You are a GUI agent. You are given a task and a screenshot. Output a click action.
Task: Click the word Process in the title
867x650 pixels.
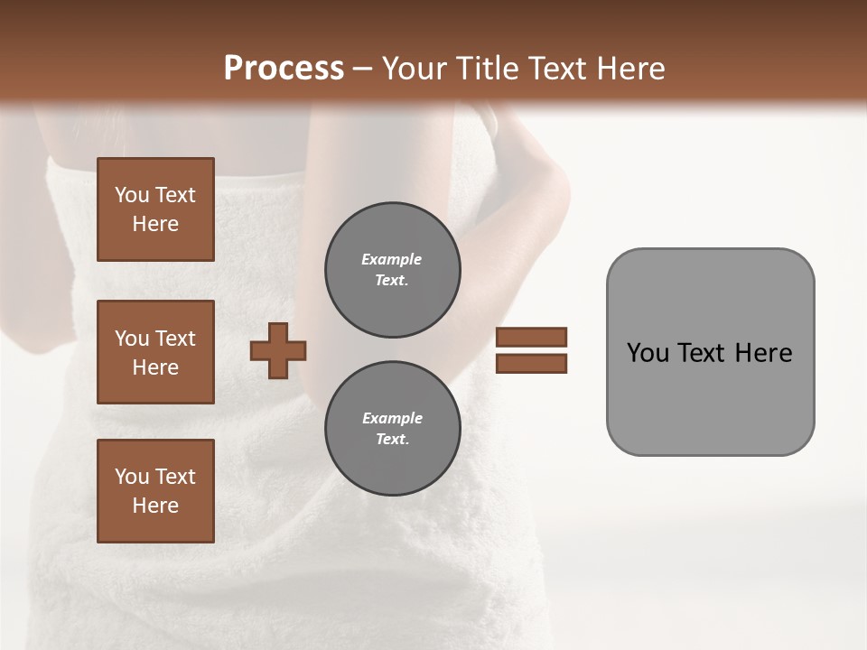coord(284,69)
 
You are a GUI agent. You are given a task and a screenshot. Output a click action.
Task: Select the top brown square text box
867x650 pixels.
coord(155,209)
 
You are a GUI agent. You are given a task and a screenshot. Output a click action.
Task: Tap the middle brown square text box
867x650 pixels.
coord(155,352)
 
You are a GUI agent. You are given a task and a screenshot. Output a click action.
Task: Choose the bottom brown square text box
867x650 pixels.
coord(155,490)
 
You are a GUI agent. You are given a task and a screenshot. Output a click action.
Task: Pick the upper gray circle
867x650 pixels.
coord(392,270)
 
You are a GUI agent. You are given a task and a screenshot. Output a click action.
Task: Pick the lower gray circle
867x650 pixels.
coord(392,429)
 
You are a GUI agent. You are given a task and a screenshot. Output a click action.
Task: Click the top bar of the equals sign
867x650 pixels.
coord(531,337)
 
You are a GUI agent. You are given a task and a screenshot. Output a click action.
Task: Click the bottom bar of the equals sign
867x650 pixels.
coord(531,363)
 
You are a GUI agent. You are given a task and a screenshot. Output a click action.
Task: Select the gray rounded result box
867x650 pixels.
coord(710,352)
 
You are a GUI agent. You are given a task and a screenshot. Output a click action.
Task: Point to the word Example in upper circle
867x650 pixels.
coord(392,259)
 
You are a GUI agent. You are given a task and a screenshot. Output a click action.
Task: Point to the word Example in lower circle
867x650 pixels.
coord(392,418)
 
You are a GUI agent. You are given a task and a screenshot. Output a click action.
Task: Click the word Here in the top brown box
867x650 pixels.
coord(155,224)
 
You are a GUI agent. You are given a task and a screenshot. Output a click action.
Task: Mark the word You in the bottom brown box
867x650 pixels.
coord(132,476)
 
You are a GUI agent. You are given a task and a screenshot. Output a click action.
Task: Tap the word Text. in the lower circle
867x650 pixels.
coord(392,440)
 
